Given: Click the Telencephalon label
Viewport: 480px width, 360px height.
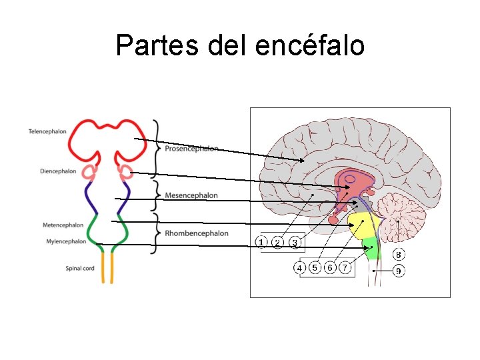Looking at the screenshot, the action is (x=47, y=131).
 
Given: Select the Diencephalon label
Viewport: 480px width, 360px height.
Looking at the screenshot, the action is (x=58, y=171).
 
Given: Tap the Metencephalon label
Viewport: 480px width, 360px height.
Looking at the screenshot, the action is (x=63, y=225).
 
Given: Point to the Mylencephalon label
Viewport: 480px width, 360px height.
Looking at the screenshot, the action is (x=66, y=241).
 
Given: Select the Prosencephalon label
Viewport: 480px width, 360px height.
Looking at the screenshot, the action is (x=191, y=149).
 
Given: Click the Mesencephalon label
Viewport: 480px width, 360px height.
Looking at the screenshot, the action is (x=191, y=196).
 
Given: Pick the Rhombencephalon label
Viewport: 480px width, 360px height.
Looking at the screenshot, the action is (x=197, y=233).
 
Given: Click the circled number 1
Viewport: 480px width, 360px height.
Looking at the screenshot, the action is (x=262, y=241).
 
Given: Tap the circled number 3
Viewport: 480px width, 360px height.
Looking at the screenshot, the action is (x=294, y=241).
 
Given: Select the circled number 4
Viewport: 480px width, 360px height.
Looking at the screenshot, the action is (x=299, y=267).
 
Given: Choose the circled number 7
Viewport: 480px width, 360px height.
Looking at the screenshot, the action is (x=345, y=267).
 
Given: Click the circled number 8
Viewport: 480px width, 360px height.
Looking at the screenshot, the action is (x=398, y=255).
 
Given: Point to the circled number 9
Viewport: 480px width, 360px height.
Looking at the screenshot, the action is (x=398, y=271).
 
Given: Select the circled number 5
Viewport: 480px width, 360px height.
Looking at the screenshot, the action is (x=315, y=267).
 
